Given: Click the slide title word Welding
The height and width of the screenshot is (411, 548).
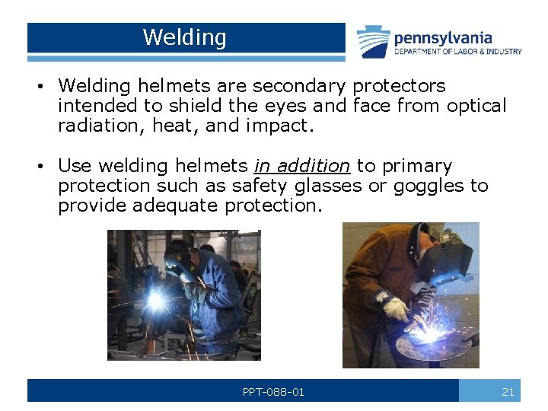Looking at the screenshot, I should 184,37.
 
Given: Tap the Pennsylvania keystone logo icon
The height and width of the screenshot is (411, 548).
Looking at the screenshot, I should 374,41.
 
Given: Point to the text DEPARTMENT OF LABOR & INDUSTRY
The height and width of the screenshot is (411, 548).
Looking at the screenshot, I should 458,52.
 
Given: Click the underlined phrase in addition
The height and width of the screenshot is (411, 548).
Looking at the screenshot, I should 302,166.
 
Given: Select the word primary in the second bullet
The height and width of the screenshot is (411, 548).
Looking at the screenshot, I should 417,166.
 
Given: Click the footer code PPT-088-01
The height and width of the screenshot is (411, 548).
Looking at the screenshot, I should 273,392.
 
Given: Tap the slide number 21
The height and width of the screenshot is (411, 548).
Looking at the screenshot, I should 508,392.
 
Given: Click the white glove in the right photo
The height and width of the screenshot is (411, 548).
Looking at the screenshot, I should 395,307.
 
